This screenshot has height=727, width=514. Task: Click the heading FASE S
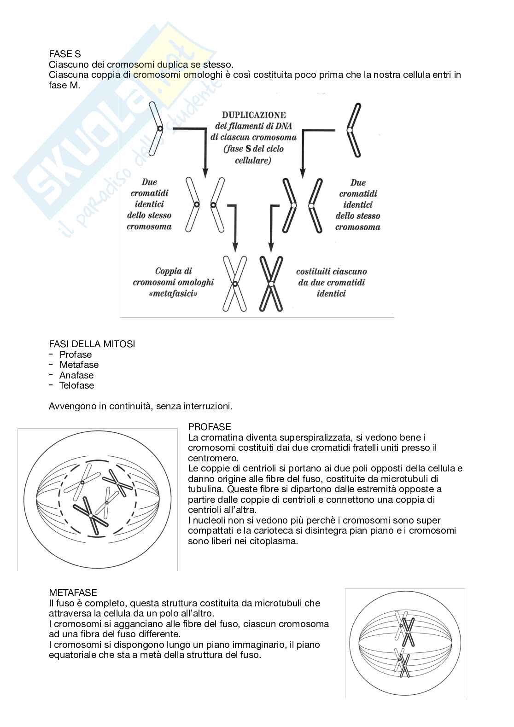tap(64, 54)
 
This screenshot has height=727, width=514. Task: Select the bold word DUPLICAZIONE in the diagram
tap(254, 115)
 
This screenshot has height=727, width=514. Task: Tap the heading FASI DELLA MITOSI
tap(92, 344)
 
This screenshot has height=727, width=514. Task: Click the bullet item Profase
tap(76, 355)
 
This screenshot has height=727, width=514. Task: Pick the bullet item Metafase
tap(79, 365)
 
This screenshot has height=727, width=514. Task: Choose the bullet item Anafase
tap(76, 375)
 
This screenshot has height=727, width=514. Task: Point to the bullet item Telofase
tap(76, 385)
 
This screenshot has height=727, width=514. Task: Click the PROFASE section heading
tap(210, 427)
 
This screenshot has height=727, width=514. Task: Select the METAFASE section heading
tap(73, 593)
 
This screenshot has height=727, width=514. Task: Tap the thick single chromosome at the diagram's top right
tap(352, 130)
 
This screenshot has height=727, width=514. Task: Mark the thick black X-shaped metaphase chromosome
tap(271, 284)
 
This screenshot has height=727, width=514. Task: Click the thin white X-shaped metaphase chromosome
tap(235, 284)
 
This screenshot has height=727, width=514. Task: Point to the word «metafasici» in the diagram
tap(173, 293)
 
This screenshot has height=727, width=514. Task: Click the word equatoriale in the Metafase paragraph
tap(71, 655)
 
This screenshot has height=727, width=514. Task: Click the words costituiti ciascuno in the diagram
tap(331, 272)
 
